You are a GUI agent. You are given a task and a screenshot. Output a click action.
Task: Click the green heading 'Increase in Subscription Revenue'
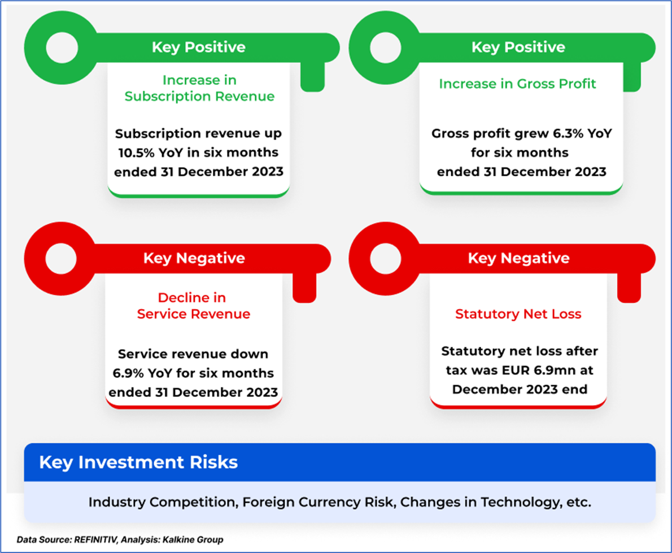(199, 88)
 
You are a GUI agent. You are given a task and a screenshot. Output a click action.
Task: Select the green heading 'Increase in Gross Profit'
(517, 84)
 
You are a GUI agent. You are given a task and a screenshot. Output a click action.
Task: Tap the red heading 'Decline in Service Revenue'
(193, 306)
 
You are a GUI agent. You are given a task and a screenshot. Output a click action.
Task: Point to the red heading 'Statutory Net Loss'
(518, 314)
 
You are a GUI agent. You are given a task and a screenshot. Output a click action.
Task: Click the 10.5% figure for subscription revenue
(136, 153)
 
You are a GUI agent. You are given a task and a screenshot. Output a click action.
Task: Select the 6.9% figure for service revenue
(128, 373)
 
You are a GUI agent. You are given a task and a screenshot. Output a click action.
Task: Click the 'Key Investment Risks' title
(138, 463)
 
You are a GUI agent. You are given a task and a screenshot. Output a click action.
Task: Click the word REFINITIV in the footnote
(95, 539)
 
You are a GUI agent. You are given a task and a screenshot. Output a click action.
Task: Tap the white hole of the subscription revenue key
(62, 47)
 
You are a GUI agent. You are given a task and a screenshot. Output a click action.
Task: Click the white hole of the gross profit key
(385, 47)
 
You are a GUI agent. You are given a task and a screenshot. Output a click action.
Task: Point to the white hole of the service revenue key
(62, 259)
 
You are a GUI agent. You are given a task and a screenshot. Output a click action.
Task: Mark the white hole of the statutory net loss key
(385, 259)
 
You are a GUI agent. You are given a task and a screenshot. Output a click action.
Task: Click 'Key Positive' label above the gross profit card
(518, 47)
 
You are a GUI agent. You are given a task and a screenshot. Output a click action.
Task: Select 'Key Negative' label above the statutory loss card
(518, 258)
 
